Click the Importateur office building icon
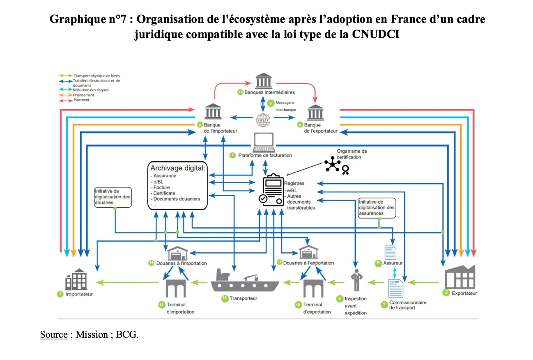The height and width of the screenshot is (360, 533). pos(76,280)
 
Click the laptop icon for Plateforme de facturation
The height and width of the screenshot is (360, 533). pos(263,142)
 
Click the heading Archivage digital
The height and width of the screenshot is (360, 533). pos(178,168)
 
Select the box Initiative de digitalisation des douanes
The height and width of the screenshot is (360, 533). pos(113,197)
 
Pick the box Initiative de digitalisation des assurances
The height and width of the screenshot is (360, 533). pos(377,207)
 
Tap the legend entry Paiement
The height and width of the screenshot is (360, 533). pos(81,100)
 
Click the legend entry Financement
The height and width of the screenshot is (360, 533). pos(84,95)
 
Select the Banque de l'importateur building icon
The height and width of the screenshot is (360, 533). pos(214,112)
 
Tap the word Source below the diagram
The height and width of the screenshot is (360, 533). pos(53,335)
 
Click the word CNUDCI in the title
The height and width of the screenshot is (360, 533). pos(376,34)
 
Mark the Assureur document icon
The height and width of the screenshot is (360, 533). pos(390,252)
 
